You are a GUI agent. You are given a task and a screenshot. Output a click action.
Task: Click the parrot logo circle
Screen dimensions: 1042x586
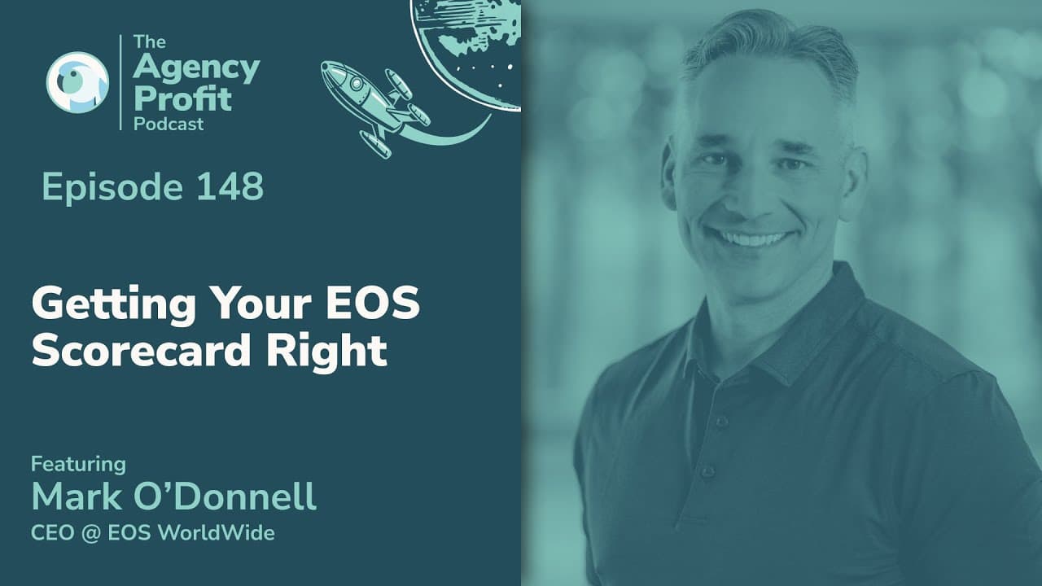tap(77, 82)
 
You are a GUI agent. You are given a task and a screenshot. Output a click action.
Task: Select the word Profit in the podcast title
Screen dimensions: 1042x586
tap(182, 98)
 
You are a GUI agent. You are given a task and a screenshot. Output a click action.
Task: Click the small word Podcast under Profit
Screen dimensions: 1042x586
tap(169, 125)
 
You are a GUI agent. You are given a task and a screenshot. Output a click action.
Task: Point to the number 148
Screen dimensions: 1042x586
tap(230, 186)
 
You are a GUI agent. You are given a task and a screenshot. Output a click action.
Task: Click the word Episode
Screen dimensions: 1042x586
tap(112, 187)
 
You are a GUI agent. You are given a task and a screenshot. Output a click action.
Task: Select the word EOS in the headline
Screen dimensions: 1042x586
tap(373, 303)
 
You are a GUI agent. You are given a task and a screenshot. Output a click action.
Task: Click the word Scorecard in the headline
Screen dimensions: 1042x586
tap(142, 350)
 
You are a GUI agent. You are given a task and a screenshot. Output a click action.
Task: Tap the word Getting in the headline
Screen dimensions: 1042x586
tap(114, 305)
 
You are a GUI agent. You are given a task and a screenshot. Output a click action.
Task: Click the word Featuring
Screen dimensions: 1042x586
tap(79, 464)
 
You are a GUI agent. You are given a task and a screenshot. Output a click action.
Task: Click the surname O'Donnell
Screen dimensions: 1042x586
tap(225, 496)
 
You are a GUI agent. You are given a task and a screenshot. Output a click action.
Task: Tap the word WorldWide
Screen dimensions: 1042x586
tap(217, 532)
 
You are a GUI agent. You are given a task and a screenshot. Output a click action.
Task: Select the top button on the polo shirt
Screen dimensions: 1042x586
tap(721, 422)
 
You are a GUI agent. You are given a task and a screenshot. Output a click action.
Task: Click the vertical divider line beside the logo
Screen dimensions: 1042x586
tap(121, 82)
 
